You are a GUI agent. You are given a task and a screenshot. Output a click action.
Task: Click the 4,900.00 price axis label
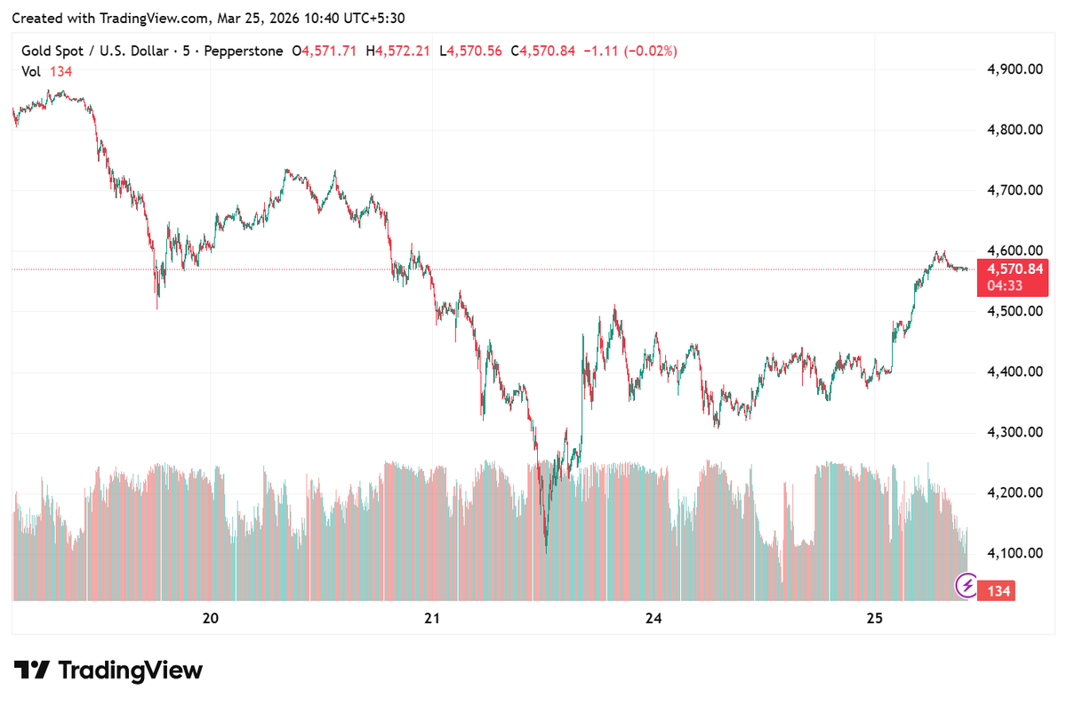click(1015, 69)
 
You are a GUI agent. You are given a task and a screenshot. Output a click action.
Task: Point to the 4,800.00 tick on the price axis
click(1015, 130)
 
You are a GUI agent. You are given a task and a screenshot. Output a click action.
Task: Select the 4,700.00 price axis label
click(1015, 190)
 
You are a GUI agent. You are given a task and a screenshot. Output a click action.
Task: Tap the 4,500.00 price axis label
click(1015, 311)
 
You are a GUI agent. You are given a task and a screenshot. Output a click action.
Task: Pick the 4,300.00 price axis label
click(1015, 432)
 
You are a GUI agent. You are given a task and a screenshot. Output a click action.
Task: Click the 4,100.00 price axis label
click(1015, 553)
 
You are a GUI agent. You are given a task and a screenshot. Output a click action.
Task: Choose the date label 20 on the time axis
click(211, 619)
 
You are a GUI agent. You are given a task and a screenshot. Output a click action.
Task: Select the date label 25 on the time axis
click(874, 619)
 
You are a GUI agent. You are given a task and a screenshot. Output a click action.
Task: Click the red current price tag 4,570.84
click(1012, 269)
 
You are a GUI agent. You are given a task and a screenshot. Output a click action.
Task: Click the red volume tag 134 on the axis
click(999, 591)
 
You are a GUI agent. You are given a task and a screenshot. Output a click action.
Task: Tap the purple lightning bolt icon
click(967, 586)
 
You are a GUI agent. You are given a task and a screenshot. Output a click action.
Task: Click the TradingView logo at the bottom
click(108, 670)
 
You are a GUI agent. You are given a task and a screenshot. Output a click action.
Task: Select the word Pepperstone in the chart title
click(243, 52)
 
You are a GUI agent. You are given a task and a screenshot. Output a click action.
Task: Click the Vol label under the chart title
click(32, 71)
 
